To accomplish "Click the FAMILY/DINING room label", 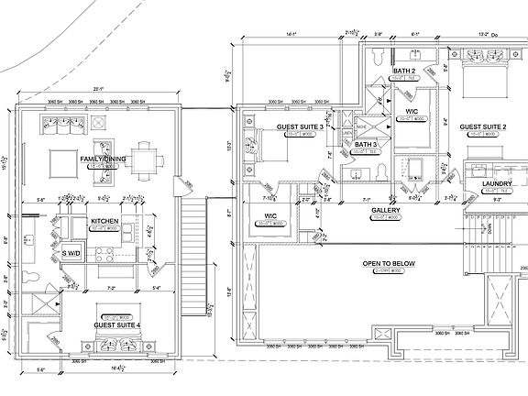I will (101, 159).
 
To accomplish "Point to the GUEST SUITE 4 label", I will (117, 324).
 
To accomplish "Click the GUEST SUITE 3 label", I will (300, 126).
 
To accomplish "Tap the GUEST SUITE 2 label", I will (483, 126).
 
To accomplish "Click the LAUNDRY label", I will (495, 184).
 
